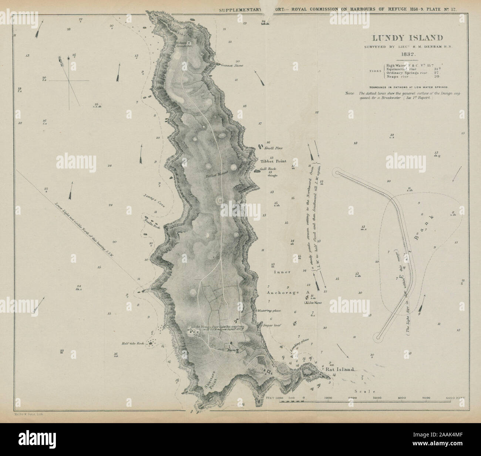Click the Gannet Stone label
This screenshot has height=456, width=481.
231,66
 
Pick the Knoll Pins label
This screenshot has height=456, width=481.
273,148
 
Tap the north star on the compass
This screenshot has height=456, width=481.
68,58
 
